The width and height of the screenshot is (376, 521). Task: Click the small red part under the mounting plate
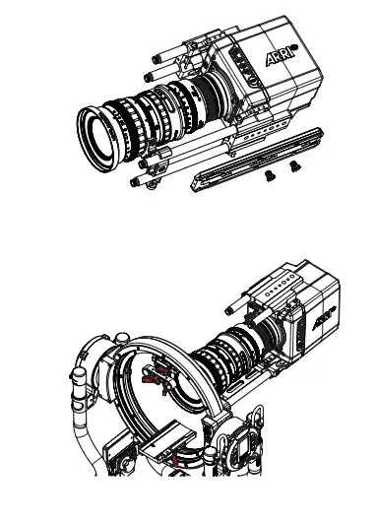[x=173, y=459]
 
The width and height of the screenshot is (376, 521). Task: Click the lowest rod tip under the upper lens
[x=132, y=181]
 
